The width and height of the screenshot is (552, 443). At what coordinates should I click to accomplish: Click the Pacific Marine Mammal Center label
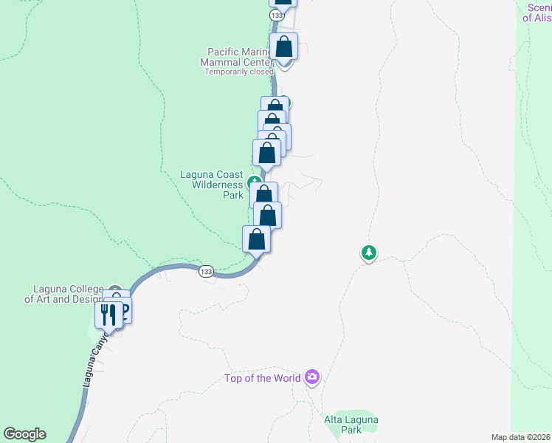coord(237,57)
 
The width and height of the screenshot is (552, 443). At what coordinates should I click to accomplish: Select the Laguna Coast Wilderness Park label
coord(213,185)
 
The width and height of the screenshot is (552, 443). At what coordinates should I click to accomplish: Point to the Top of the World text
coord(263,379)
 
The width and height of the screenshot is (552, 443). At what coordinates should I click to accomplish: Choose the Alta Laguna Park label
coord(351,425)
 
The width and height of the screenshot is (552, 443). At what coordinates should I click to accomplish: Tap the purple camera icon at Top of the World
coord(312,378)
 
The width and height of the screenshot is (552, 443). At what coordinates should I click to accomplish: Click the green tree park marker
coord(368,253)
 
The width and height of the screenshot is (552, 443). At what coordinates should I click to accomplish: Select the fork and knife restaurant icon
coord(108,315)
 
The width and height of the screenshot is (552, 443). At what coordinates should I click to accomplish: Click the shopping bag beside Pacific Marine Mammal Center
coord(284,47)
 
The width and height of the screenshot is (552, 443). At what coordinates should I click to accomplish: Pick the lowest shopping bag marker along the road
coord(256,239)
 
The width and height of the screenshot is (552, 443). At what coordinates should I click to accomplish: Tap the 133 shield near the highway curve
coord(206,272)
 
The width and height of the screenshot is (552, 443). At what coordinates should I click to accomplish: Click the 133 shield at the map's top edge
coord(276,15)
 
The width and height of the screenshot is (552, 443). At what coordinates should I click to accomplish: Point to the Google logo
coord(24,434)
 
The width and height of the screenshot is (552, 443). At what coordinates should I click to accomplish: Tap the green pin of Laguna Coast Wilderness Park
coord(255,181)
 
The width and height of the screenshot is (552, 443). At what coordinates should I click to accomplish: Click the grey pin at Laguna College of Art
coord(114,292)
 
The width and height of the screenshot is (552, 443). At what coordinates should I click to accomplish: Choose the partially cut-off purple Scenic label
coord(538,13)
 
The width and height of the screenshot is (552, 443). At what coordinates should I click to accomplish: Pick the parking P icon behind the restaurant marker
coord(124,309)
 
